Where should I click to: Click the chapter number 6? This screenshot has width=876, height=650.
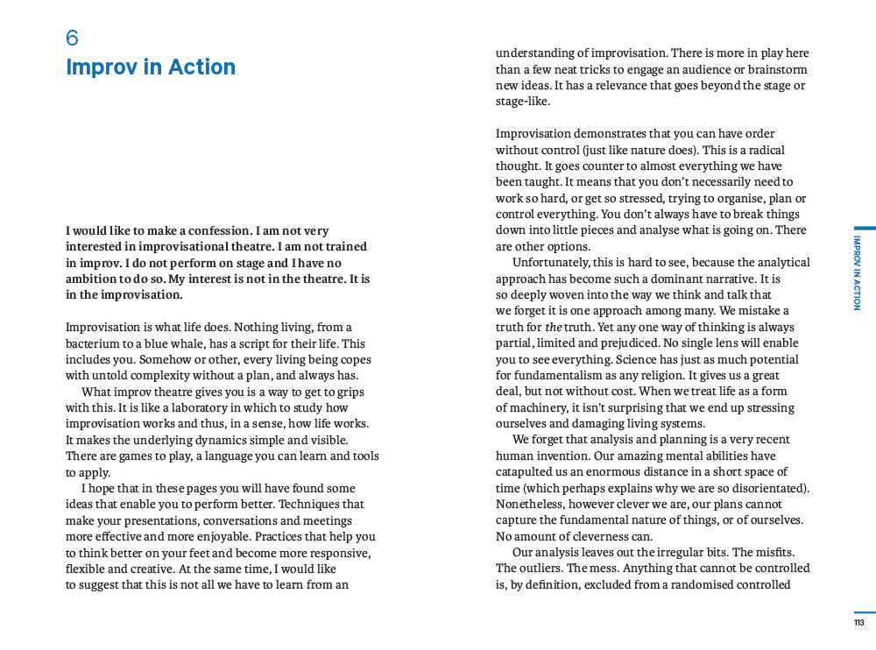point(73,38)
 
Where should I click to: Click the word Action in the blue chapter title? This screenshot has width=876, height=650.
point(201,67)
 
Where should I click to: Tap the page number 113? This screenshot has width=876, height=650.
point(858,623)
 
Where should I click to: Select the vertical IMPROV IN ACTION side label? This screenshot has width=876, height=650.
point(857,272)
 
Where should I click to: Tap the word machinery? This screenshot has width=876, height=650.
point(536,407)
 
